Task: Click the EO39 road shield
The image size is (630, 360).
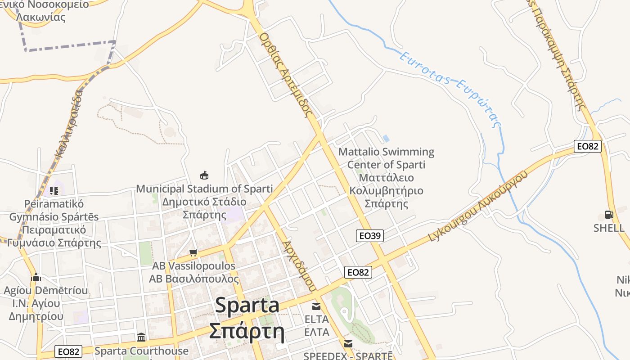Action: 369,235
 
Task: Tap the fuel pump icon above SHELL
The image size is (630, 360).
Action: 609,215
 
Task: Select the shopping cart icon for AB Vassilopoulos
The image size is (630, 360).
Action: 193,252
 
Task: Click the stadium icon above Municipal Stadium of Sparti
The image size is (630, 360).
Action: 204,175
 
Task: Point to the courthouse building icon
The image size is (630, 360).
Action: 141,337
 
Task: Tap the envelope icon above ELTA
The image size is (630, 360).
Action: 316,306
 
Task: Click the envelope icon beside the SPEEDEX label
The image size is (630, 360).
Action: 348,344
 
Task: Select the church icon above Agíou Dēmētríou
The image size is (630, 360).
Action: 36,277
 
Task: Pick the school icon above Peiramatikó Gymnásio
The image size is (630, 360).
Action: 54,191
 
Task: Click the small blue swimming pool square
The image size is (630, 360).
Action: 386,138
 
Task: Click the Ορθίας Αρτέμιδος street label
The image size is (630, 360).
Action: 286,74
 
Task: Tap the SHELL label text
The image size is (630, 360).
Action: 608,228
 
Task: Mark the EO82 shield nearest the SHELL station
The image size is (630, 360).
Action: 587,146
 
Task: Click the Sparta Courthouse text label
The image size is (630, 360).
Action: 141,351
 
